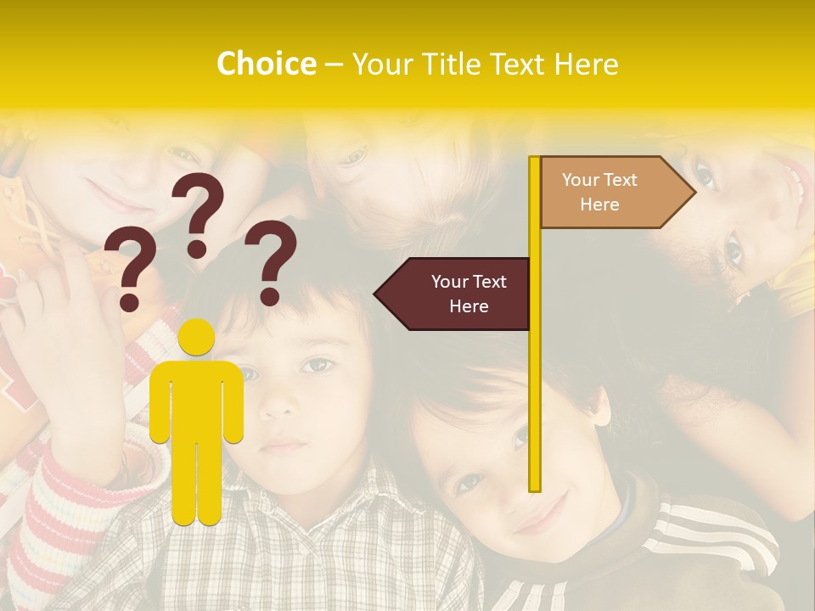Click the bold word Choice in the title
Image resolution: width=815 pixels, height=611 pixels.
click(266, 64)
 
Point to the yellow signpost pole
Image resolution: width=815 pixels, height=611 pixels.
click(535, 382)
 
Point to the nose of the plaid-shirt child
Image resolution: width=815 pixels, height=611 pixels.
click(276, 403)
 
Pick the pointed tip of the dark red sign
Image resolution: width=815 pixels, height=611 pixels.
click(376, 294)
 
